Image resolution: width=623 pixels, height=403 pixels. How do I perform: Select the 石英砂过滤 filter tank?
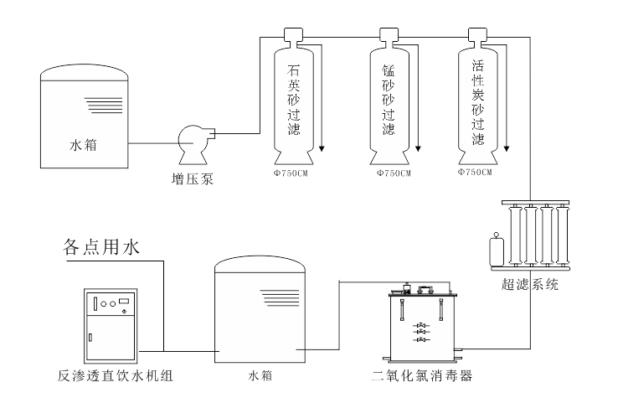tap(297, 101)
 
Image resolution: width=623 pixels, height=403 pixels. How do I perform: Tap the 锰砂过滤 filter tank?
tap(388, 101)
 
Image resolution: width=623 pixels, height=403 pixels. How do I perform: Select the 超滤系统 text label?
tap(530, 285)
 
